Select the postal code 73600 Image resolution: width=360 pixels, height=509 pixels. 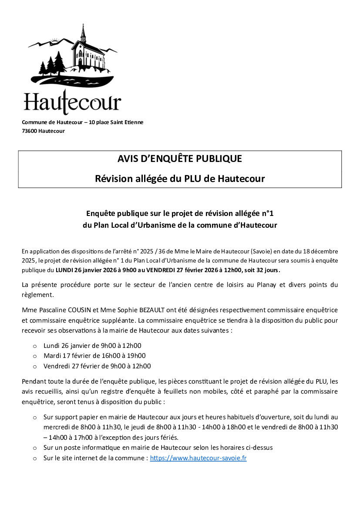[x=30, y=131]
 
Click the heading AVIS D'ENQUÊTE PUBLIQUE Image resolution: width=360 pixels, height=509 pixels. [x=179, y=159]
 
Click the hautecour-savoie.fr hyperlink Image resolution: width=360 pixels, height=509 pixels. [x=198, y=458]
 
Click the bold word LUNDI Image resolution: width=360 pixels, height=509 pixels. [x=64, y=270]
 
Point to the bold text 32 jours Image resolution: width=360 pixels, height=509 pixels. [x=267, y=270]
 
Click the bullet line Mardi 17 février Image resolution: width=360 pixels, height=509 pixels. [x=94, y=356]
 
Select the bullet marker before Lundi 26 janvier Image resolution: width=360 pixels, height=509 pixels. [x=35, y=346]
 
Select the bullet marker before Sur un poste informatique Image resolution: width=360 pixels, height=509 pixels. [x=35, y=448]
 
